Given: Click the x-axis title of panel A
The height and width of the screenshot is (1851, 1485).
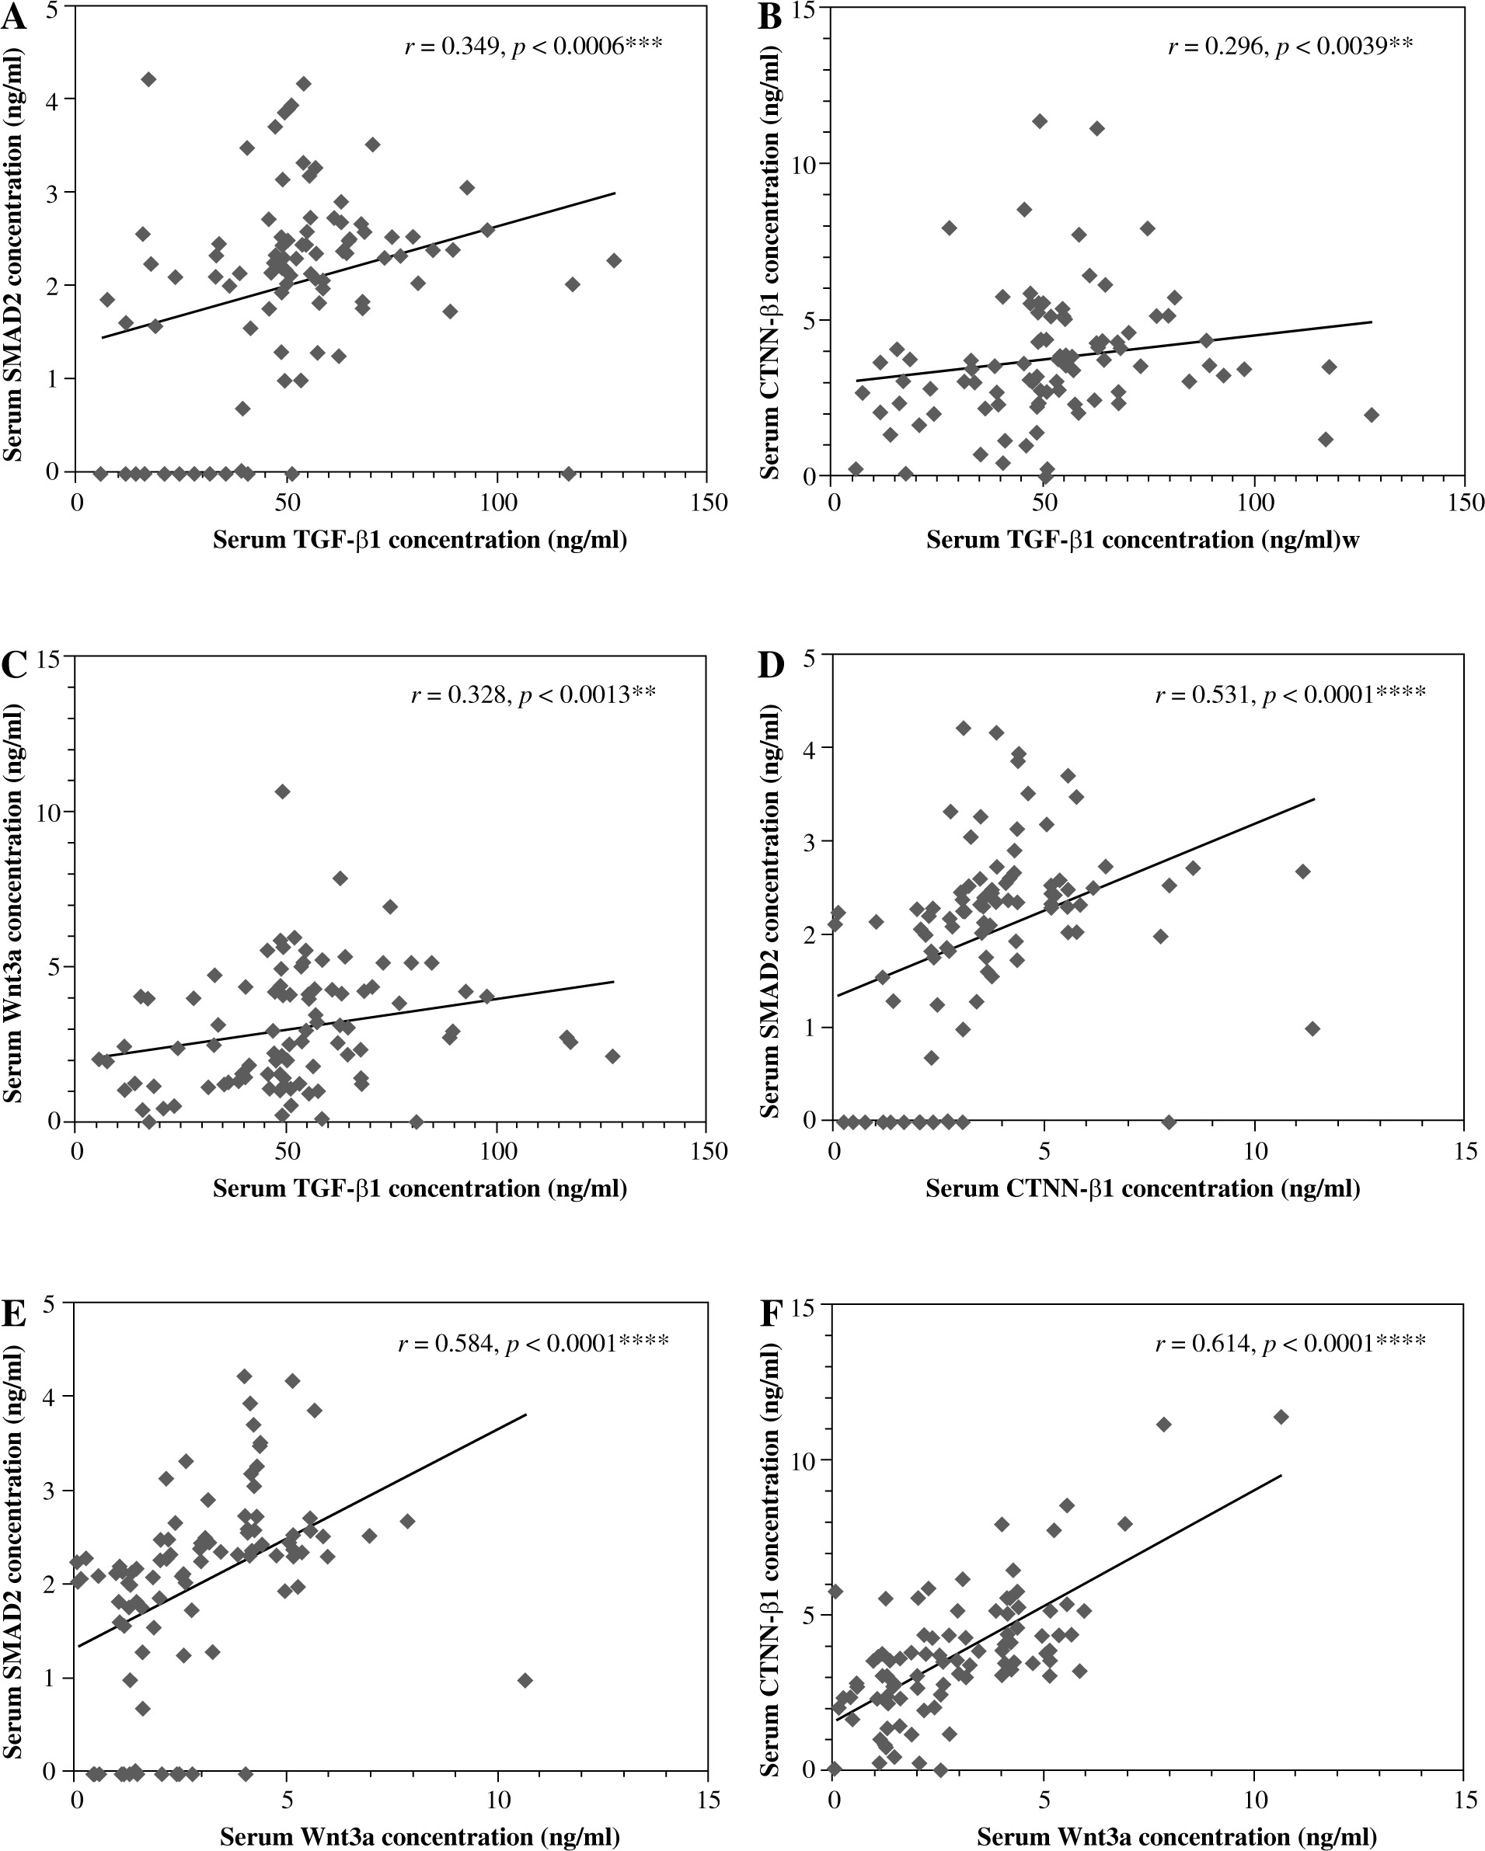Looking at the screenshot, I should click(420, 540).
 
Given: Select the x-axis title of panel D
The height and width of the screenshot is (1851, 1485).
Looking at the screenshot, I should click(1142, 1189).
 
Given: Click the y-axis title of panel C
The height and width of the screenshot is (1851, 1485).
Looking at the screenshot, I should click(15, 889).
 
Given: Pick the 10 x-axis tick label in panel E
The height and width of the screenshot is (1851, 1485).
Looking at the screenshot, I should click(497, 1800).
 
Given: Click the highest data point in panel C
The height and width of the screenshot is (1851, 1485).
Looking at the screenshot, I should click(283, 792).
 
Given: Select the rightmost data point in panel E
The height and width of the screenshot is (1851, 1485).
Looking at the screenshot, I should click(525, 1680).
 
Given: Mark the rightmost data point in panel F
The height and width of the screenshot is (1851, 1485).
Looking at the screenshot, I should click(1281, 1417).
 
